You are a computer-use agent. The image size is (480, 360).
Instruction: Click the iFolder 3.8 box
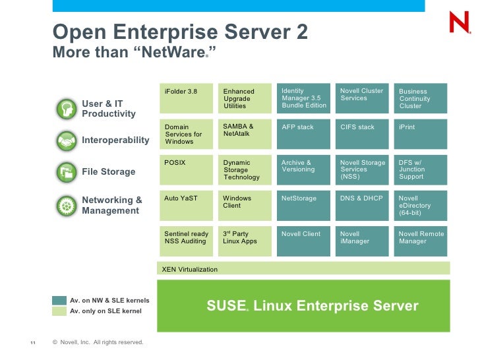[x=189, y=98]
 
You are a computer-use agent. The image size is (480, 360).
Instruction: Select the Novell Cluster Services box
[x=362, y=98]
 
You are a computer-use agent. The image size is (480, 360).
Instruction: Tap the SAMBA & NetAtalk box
[x=247, y=134]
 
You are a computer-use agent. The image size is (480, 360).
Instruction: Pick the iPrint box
[x=421, y=134]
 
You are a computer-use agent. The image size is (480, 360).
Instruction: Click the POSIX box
[x=189, y=169]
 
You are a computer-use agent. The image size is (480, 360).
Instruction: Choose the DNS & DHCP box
[x=362, y=205]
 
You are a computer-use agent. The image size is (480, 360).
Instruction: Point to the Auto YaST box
[x=189, y=205]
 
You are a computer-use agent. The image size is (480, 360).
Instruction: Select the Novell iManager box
[x=362, y=241]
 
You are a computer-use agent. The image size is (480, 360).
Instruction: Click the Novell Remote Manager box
[x=421, y=241]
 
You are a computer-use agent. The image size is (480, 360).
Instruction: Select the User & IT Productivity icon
[x=66, y=109]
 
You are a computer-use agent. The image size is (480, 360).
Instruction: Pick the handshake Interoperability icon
[x=66, y=140]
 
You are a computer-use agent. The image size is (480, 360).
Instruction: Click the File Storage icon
[x=66, y=172]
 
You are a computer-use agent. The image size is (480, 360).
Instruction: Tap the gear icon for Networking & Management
[x=66, y=205]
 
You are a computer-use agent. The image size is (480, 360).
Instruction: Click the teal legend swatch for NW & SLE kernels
[x=59, y=301]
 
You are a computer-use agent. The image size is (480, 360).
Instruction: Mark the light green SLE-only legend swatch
[x=59, y=311]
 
